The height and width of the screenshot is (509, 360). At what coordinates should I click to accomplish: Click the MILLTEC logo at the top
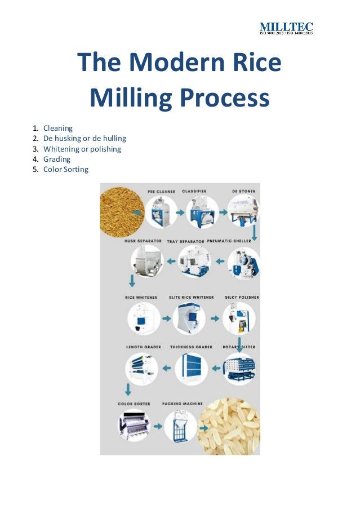pos(286,28)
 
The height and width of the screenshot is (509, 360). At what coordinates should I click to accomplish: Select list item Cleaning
pos(58,128)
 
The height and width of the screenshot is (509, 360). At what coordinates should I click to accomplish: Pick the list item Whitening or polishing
pos(82,149)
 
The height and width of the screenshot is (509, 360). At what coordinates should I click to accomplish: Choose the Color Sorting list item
pos(66,169)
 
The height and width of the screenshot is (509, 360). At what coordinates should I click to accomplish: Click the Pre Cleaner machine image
pos(161,213)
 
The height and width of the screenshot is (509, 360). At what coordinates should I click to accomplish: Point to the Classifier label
pos(194,192)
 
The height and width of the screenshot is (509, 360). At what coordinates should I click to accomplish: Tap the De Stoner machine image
pos(243,213)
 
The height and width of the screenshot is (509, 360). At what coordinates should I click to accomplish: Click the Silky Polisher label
pos(243,297)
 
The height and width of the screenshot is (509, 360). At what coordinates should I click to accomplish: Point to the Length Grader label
pos(143,347)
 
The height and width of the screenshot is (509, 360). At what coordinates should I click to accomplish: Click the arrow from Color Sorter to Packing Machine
pos(158,426)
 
